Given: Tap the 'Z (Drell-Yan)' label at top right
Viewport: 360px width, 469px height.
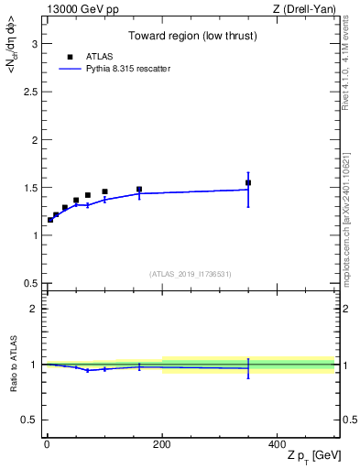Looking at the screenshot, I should click(x=304, y=9).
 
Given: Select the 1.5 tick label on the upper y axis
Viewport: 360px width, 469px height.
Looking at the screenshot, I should click(x=30, y=188).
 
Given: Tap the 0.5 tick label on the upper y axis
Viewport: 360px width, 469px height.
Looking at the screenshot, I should click(x=30, y=283).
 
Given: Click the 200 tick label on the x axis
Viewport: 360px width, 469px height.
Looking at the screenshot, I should click(x=162, y=444).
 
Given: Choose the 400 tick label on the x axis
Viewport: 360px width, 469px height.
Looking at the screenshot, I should click(x=278, y=444).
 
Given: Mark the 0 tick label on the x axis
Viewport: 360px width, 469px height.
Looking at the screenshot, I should click(x=47, y=444).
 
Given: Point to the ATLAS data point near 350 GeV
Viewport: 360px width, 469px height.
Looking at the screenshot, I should click(x=248, y=182).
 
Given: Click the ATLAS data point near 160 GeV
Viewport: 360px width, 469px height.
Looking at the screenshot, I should click(x=139, y=190).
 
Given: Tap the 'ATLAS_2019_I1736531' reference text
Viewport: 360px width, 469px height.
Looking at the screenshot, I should click(x=191, y=274).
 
